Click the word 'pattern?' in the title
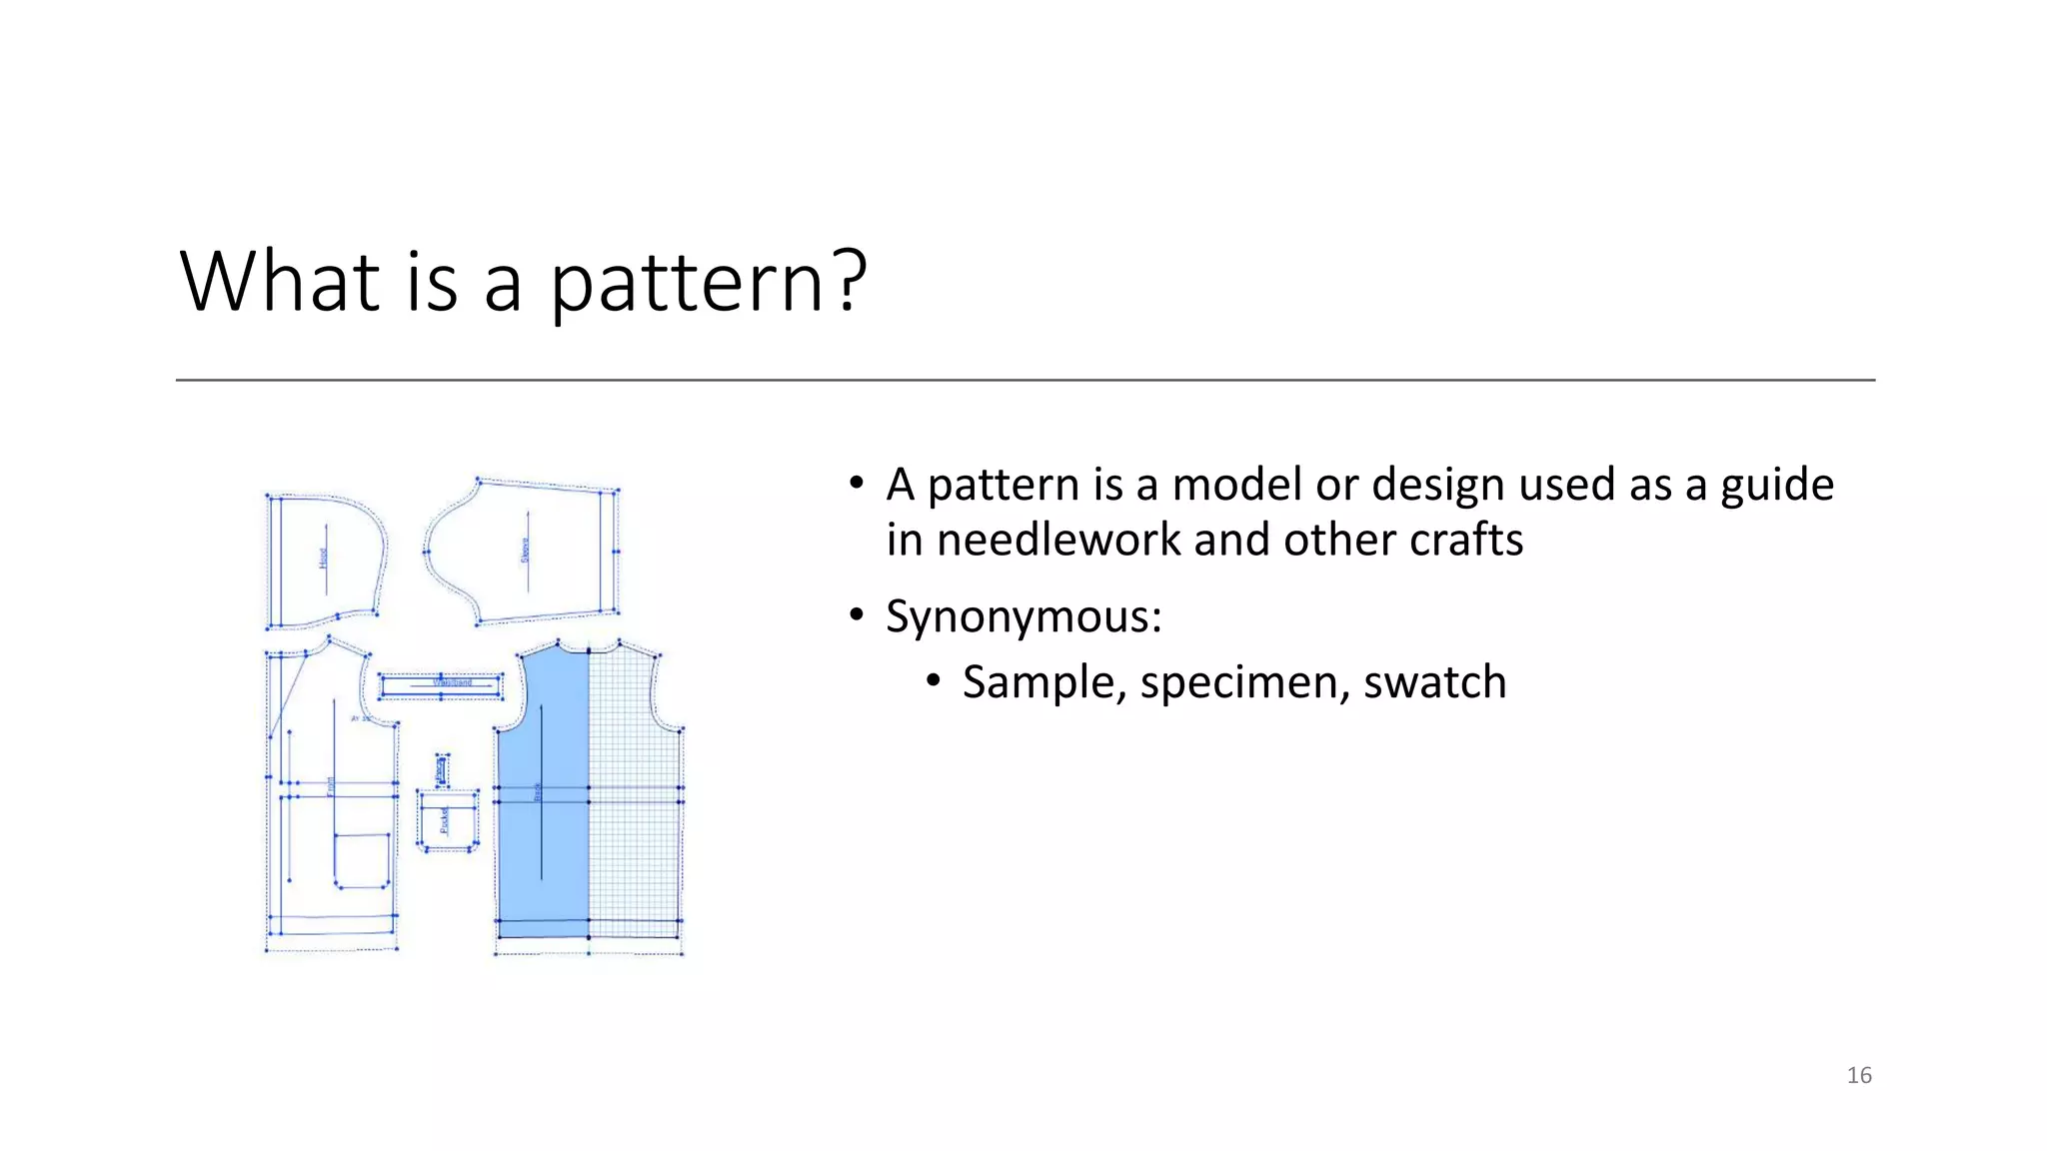[x=708, y=283]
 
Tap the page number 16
[x=1859, y=1075]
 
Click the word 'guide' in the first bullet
[x=1776, y=486]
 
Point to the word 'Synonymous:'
[x=1023, y=616]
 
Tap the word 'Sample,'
[x=1044, y=682]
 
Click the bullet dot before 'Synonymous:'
[x=857, y=614]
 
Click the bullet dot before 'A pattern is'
[x=857, y=484]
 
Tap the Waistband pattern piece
[x=441, y=684]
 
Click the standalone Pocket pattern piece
[x=447, y=819]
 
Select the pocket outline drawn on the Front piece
[x=361, y=859]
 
